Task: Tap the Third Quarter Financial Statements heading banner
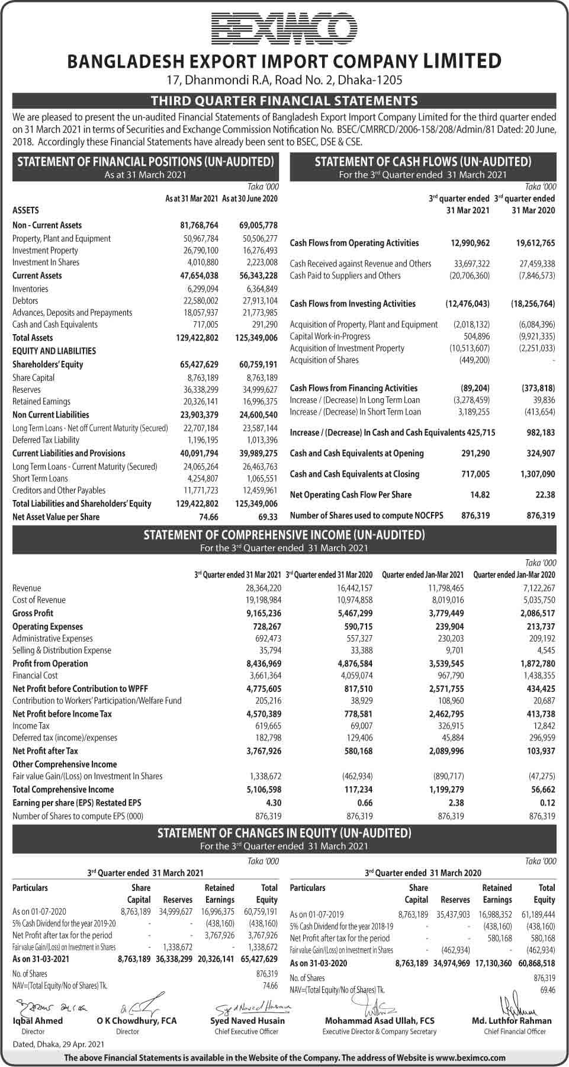(x=284, y=101)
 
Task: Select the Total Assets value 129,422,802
(x=199, y=338)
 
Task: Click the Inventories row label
(x=30, y=289)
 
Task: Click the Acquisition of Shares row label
(x=324, y=360)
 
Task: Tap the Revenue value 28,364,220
(x=263, y=588)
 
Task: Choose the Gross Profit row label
(x=33, y=613)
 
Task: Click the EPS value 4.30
(x=273, y=803)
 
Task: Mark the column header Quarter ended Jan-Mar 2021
(x=423, y=575)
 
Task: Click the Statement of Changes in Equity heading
(x=284, y=834)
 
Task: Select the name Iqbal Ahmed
(x=37, y=1021)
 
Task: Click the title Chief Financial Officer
(x=515, y=1031)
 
